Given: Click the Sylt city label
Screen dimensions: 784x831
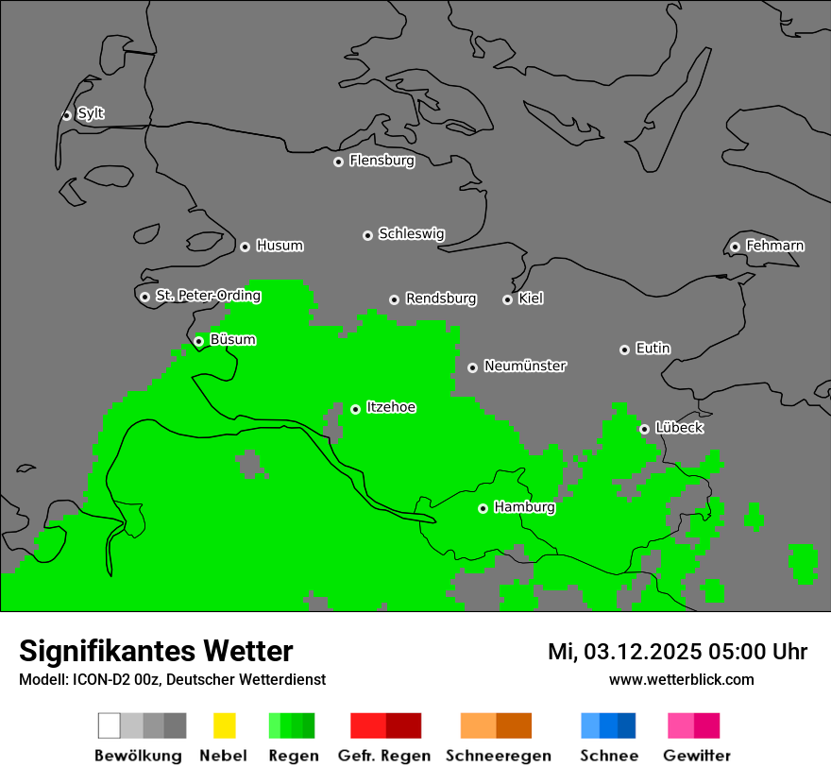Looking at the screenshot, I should pyautogui.click(x=91, y=113).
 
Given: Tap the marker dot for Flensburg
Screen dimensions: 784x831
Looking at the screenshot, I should pyautogui.click(x=338, y=162).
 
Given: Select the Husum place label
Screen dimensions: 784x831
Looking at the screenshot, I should pyautogui.click(x=280, y=246).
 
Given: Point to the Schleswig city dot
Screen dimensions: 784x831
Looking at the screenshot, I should pyautogui.click(x=367, y=235).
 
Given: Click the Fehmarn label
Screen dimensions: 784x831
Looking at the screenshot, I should pyautogui.click(x=774, y=246).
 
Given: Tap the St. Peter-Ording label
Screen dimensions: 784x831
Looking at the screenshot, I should pyautogui.click(x=208, y=296).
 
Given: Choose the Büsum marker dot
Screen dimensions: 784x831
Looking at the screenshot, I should pyautogui.click(x=198, y=341).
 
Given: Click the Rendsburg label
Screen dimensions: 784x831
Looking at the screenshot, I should pyautogui.click(x=441, y=298).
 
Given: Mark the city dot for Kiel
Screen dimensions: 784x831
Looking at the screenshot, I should pyautogui.click(x=507, y=299).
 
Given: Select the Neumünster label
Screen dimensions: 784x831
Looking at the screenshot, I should pyautogui.click(x=525, y=366).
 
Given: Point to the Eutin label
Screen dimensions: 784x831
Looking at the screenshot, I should pyautogui.click(x=653, y=349).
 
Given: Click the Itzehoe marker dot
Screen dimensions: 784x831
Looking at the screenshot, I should pyautogui.click(x=355, y=409).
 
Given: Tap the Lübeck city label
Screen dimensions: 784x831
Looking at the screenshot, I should pyautogui.click(x=679, y=428).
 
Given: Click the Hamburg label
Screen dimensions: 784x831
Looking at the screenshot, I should pyautogui.click(x=524, y=507).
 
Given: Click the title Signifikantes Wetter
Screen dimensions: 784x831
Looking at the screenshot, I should pyautogui.click(x=156, y=651).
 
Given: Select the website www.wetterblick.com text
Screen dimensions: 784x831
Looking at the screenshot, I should pyautogui.click(x=681, y=679).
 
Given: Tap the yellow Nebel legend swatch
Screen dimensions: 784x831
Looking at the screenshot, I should pyautogui.click(x=224, y=725).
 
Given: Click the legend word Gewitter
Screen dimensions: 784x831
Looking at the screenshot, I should pyautogui.click(x=697, y=756).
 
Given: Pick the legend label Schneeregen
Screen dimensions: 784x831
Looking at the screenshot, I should pyautogui.click(x=499, y=756).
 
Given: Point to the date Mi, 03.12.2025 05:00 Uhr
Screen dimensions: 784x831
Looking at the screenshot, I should pyautogui.click(x=677, y=652).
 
